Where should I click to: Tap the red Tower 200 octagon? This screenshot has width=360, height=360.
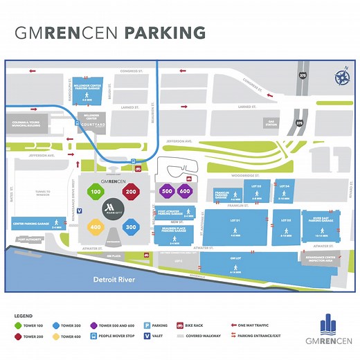point(131,191)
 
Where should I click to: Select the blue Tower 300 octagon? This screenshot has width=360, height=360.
point(131,226)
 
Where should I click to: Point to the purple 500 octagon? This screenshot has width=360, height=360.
point(166,191)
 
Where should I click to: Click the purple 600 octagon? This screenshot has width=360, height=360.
point(184,191)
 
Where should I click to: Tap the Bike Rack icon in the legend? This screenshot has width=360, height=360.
point(179,325)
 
